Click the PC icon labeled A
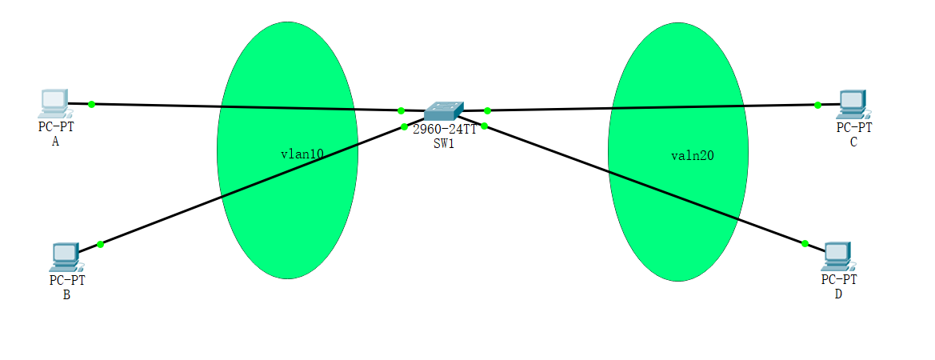(x=53, y=102)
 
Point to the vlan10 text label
(x=302, y=155)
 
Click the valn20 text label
(x=693, y=156)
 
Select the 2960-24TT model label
(x=445, y=130)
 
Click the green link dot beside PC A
(x=92, y=104)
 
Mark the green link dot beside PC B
(x=100, y=244)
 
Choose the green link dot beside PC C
(x=817, y=105)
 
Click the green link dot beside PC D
(x=805, y=243)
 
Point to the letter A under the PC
(x=55, y=142)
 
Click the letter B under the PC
(x=66, y=294)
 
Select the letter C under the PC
(x=853, y=142)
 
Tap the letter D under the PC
(x=838, y=294)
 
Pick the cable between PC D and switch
(x=640, y=183)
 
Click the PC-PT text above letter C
(x=854, y=127)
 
